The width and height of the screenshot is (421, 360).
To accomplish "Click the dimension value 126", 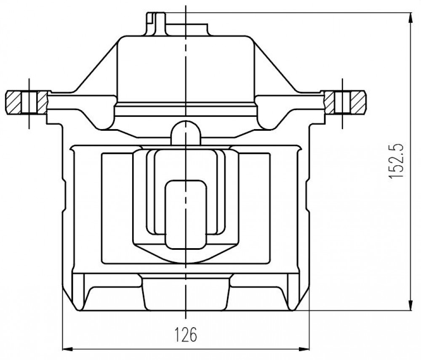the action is coord(186,334).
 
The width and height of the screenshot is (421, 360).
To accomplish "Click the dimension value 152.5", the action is coord(396,160).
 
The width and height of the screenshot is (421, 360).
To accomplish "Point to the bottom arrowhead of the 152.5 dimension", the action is coord(410,305).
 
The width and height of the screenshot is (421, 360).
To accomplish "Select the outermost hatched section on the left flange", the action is coord(13,102).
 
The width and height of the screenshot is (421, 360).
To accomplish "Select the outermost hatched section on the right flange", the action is coord(357,102).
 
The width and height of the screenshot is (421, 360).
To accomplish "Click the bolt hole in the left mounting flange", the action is coord(29,102).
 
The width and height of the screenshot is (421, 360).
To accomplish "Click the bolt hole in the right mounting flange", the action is coord(342,102).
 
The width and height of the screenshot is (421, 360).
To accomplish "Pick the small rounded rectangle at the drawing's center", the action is coord(186,214).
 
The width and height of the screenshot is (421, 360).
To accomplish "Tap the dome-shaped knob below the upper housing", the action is coord(186,133).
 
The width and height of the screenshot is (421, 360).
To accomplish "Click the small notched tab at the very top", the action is coord(156,24).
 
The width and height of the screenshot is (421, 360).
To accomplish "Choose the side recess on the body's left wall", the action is coord(64,194).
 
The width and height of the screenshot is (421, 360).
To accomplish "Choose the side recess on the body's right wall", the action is coord(307,194).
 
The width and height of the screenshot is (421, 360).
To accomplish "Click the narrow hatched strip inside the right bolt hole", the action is coord(329,102).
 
